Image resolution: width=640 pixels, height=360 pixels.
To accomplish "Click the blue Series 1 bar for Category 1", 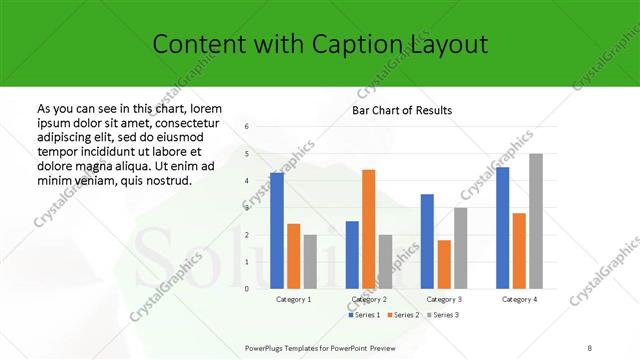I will point(277,231).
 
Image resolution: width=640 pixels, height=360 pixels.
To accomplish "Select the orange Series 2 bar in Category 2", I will point(369,229).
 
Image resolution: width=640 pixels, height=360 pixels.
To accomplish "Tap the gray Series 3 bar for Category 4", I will point(536,221).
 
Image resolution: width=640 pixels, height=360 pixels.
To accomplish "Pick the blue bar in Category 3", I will point(427,241).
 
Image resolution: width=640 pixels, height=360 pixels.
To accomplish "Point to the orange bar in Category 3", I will point(444,264).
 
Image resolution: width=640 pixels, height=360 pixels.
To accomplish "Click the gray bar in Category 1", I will point(310,262).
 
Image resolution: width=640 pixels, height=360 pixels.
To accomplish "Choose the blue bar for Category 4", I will point(502,228).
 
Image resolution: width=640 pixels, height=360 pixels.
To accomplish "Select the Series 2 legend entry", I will point(404,315).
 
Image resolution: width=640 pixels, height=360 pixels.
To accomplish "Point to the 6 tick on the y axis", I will point(247,126).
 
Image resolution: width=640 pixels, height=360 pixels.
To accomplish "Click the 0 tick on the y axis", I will point(247,289).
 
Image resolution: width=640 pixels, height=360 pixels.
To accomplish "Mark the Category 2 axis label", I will point(369,299).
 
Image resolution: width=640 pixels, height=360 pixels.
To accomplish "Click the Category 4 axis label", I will point(519,299).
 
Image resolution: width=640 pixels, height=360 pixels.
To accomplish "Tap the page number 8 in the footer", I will point(590,347).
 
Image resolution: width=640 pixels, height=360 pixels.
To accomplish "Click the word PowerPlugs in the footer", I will point(267,347).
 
